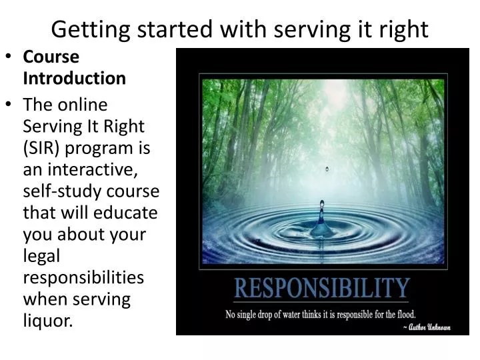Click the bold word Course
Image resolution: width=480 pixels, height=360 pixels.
click(51, 57)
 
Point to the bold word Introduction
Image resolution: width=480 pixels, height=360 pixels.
click(75, 79)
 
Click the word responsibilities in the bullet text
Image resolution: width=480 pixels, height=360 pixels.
click(83, 277)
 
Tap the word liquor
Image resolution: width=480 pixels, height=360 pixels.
click(47, 321)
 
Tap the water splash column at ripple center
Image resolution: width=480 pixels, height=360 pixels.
click(322, 220)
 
